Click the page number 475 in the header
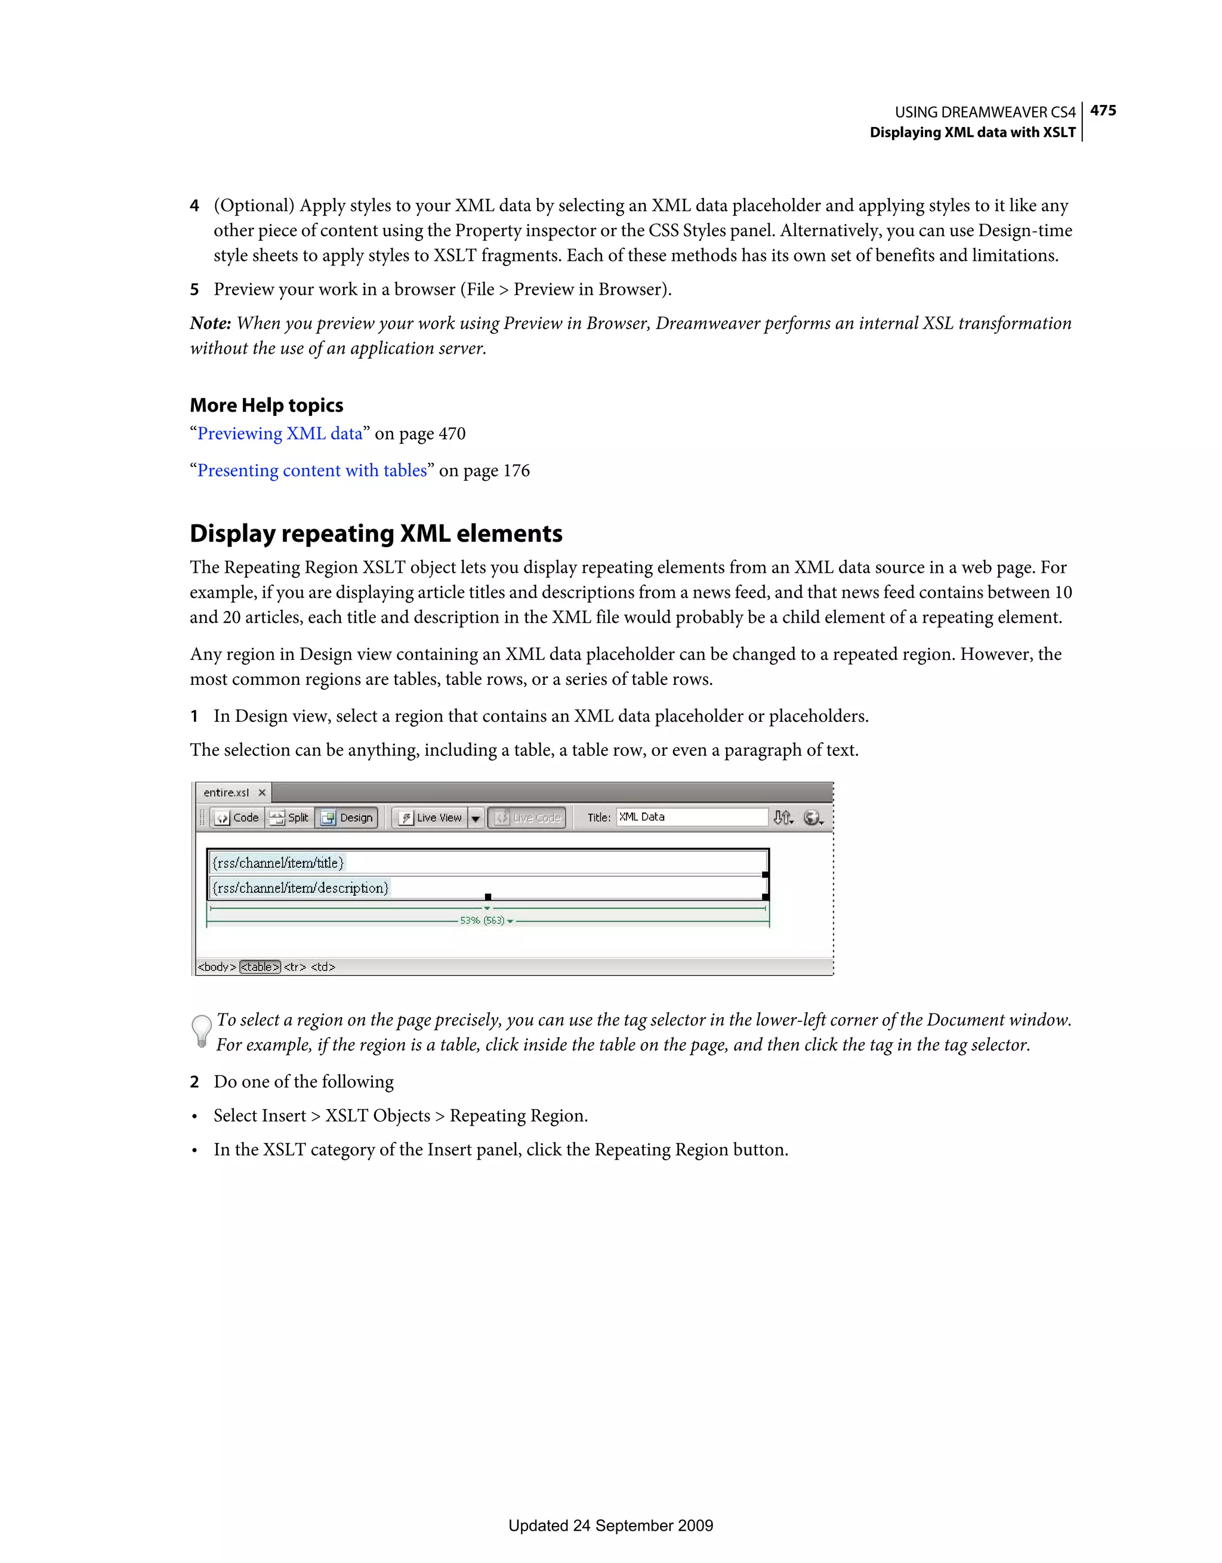click(1103, 111)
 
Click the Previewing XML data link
click(280, 434)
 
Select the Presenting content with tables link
click(312, 471)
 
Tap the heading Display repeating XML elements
click(376, 534)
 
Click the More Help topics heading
click(266, 406)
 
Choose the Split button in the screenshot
click(290, 817)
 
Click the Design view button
click(347, 817)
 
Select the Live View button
click(431, 817)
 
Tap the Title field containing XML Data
click(691, 817)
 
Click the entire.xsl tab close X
click(262, 792)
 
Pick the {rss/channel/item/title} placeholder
click(279, 863)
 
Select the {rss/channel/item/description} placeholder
click(301, 888)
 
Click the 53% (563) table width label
click(483, 920)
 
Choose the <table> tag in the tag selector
click(260, 967)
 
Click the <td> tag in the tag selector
click(323, 967)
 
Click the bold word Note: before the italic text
click(211, 323)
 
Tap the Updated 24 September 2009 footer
click(610, 1526)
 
